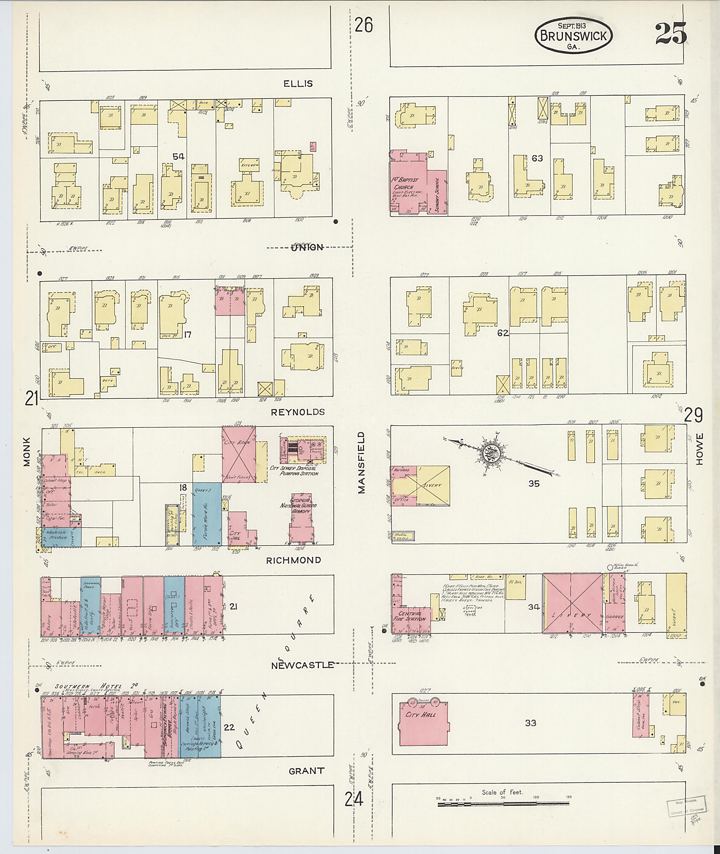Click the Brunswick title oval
pos(573,36)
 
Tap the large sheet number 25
pos(671,34)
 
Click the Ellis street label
pos(298,84)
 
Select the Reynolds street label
pos(298,412)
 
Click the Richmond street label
pos(294,560)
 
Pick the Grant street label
pos(306,771)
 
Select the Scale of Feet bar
pos(503,804)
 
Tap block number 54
pos(178,157)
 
